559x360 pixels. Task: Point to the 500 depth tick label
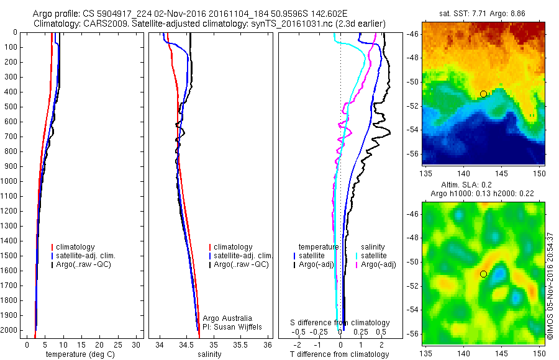pos(12,107)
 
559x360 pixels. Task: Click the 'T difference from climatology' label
pos(339,354)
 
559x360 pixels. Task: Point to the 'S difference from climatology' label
pos(340,323)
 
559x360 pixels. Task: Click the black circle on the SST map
pos(483,94)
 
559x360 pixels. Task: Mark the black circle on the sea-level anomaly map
pos(483,274)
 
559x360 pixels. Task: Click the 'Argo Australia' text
pos(227,318)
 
